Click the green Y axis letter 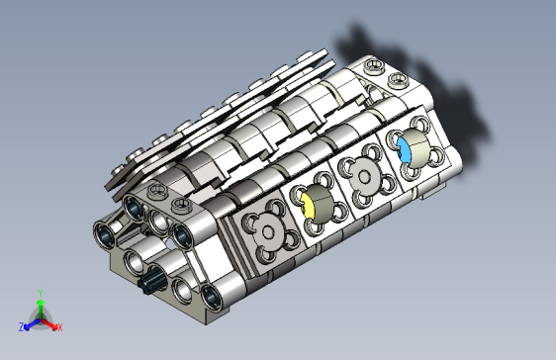(x=40, y=293)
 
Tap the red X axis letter (x=59, y=326)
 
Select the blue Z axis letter (x=21, y=326)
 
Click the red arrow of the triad (x=50, y=322)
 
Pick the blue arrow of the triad (x=30, y=322)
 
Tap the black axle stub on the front (x=151, y=283)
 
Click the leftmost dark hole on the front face (x=104, y=234)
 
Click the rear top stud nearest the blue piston (x=374, y=67)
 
